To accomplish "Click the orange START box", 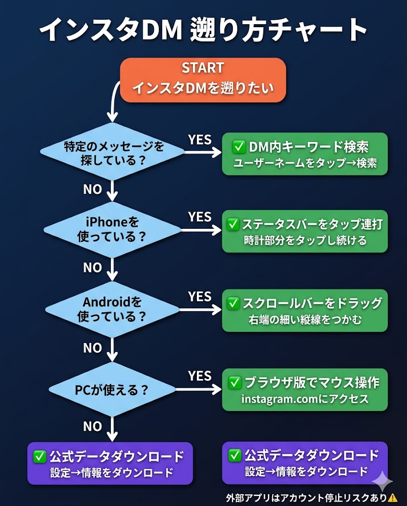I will click(x=203, y=80).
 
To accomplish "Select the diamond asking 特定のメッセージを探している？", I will click(x=114, y=153).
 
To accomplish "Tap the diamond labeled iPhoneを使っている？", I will click(x=113, y=229).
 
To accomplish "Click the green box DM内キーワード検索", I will click(x=304, y=154).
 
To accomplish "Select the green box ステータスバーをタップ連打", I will click(x=304, y=232).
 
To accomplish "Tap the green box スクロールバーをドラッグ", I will click(x=304, y=311).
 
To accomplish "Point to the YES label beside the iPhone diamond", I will click(x=199, y=217).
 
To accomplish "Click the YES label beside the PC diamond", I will click(x=199, y=376).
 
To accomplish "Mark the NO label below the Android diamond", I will click(x=92, y=348).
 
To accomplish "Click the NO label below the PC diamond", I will click(x=92, y=426).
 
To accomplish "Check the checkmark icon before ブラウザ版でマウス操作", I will click(x=235, y=382).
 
